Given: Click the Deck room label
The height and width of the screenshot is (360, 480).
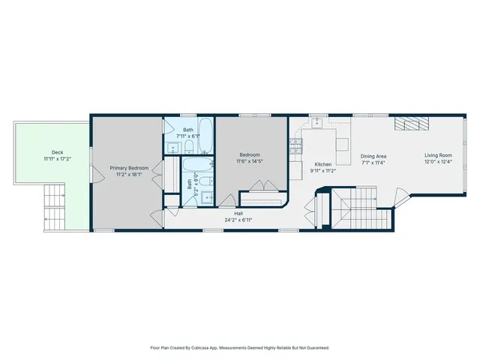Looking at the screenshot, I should click(53, 152).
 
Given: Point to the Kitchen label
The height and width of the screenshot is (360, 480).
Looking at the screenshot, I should click(322, 163).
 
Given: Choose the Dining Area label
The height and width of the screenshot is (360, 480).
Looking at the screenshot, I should click(372, 155).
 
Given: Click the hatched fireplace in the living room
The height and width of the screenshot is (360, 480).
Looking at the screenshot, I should click(411, 124).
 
